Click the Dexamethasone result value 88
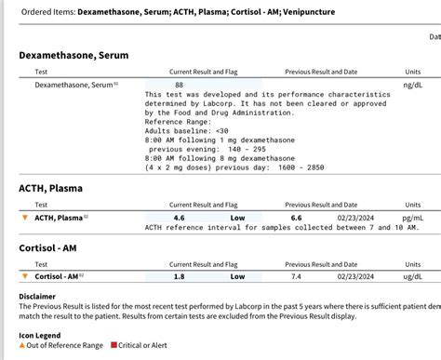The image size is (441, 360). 179,85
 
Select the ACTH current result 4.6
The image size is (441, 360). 179,218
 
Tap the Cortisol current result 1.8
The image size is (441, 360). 179,276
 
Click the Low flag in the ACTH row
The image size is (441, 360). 238,218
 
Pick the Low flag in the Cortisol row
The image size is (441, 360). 238,276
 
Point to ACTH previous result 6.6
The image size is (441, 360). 296,218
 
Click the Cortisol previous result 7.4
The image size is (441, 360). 296,276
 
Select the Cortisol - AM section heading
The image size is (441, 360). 54,247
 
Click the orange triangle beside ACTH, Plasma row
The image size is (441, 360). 25,218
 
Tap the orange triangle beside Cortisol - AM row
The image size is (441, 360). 25,276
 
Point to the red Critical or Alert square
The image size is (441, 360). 114,345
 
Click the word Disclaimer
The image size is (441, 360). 37,296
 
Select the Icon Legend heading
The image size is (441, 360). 40,334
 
